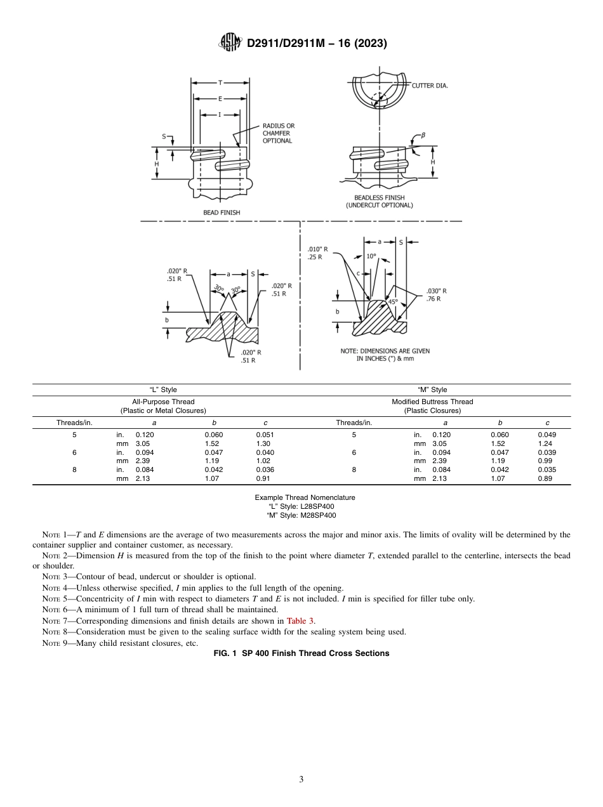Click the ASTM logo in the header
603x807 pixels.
pyautogui.click(x=230, y=43)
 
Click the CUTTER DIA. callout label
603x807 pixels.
pyautogui.click(x=430, y=86)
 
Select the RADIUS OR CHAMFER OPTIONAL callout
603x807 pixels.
pyautogui.click(x=279, y=133)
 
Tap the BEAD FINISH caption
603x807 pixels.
pyautogui.click(x=222, y=213)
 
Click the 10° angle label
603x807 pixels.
pyautogui.click(x=371, y=256)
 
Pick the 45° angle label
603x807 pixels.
pyautogui.click(x=393, y=302)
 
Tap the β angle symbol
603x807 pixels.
pyautogui.click(x=423, y=136)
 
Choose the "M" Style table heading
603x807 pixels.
pyautogui.click(x=432, y=390)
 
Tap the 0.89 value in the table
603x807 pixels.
pyautogui.click(x=545, y=479)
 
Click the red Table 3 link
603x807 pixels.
pyautogui.click(x=300, y=621)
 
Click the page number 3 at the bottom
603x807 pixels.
pyautogui.click(x=301, y=780)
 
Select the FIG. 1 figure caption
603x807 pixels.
pyautogui.click(x=301, y=653)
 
